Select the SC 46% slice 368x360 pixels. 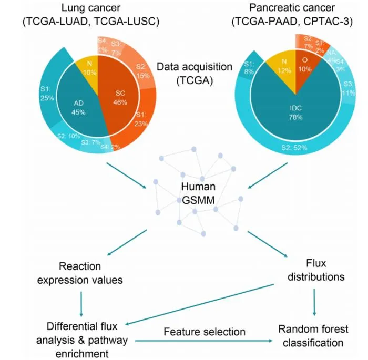click(x=120, y=97)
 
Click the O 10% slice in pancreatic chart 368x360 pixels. click(x=305, y=66)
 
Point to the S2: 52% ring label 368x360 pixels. click(x=294, y=148)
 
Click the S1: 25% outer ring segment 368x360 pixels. click(x=48, y=94)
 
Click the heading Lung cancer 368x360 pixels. click(x=91, y=8)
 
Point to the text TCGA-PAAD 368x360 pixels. click(x=267, y=22)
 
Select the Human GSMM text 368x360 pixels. click(x=198, y=193)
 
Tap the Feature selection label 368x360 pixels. click(x=205, y=332)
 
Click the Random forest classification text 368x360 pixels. click(x=313, y=336)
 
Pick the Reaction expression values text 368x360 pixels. click(x=80, y=273)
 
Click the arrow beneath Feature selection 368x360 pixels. click(x=204, y=341)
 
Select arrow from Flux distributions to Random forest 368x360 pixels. click(x=314, y=302)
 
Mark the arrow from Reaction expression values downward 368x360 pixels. click(x=81, y=304)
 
